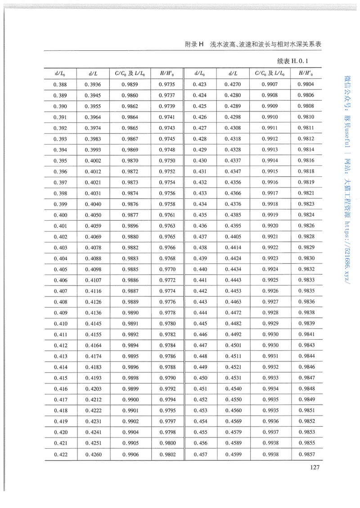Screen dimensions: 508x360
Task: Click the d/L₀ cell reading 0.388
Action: pos(60,85)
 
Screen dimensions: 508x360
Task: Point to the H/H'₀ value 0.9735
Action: pos(167,85)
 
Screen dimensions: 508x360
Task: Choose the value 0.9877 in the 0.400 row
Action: pos(130,215)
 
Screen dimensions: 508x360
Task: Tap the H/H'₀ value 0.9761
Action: pos(167,215)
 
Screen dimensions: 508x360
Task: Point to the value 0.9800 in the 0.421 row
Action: pos(167,443)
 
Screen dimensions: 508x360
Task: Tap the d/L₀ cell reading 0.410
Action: pos(60,324)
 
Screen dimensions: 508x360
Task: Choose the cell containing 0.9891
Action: pos(130,324)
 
